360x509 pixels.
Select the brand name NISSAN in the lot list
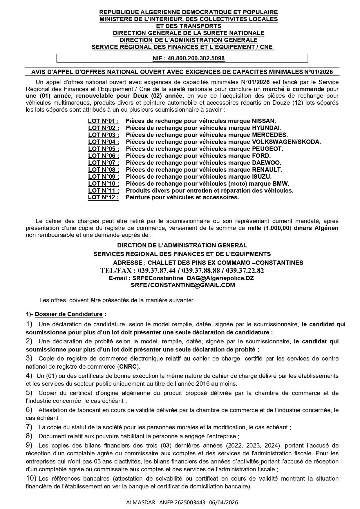pos(264,121)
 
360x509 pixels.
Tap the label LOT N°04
pos(104,142)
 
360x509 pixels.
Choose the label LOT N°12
pos(103,198)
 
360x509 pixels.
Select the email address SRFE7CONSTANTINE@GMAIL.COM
pos(183,285)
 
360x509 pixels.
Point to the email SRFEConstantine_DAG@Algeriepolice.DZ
pos(193,278)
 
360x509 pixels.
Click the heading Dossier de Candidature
pos(69,314)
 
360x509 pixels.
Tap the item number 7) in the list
pos(29,427)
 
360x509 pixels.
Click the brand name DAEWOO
pos(266,163)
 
